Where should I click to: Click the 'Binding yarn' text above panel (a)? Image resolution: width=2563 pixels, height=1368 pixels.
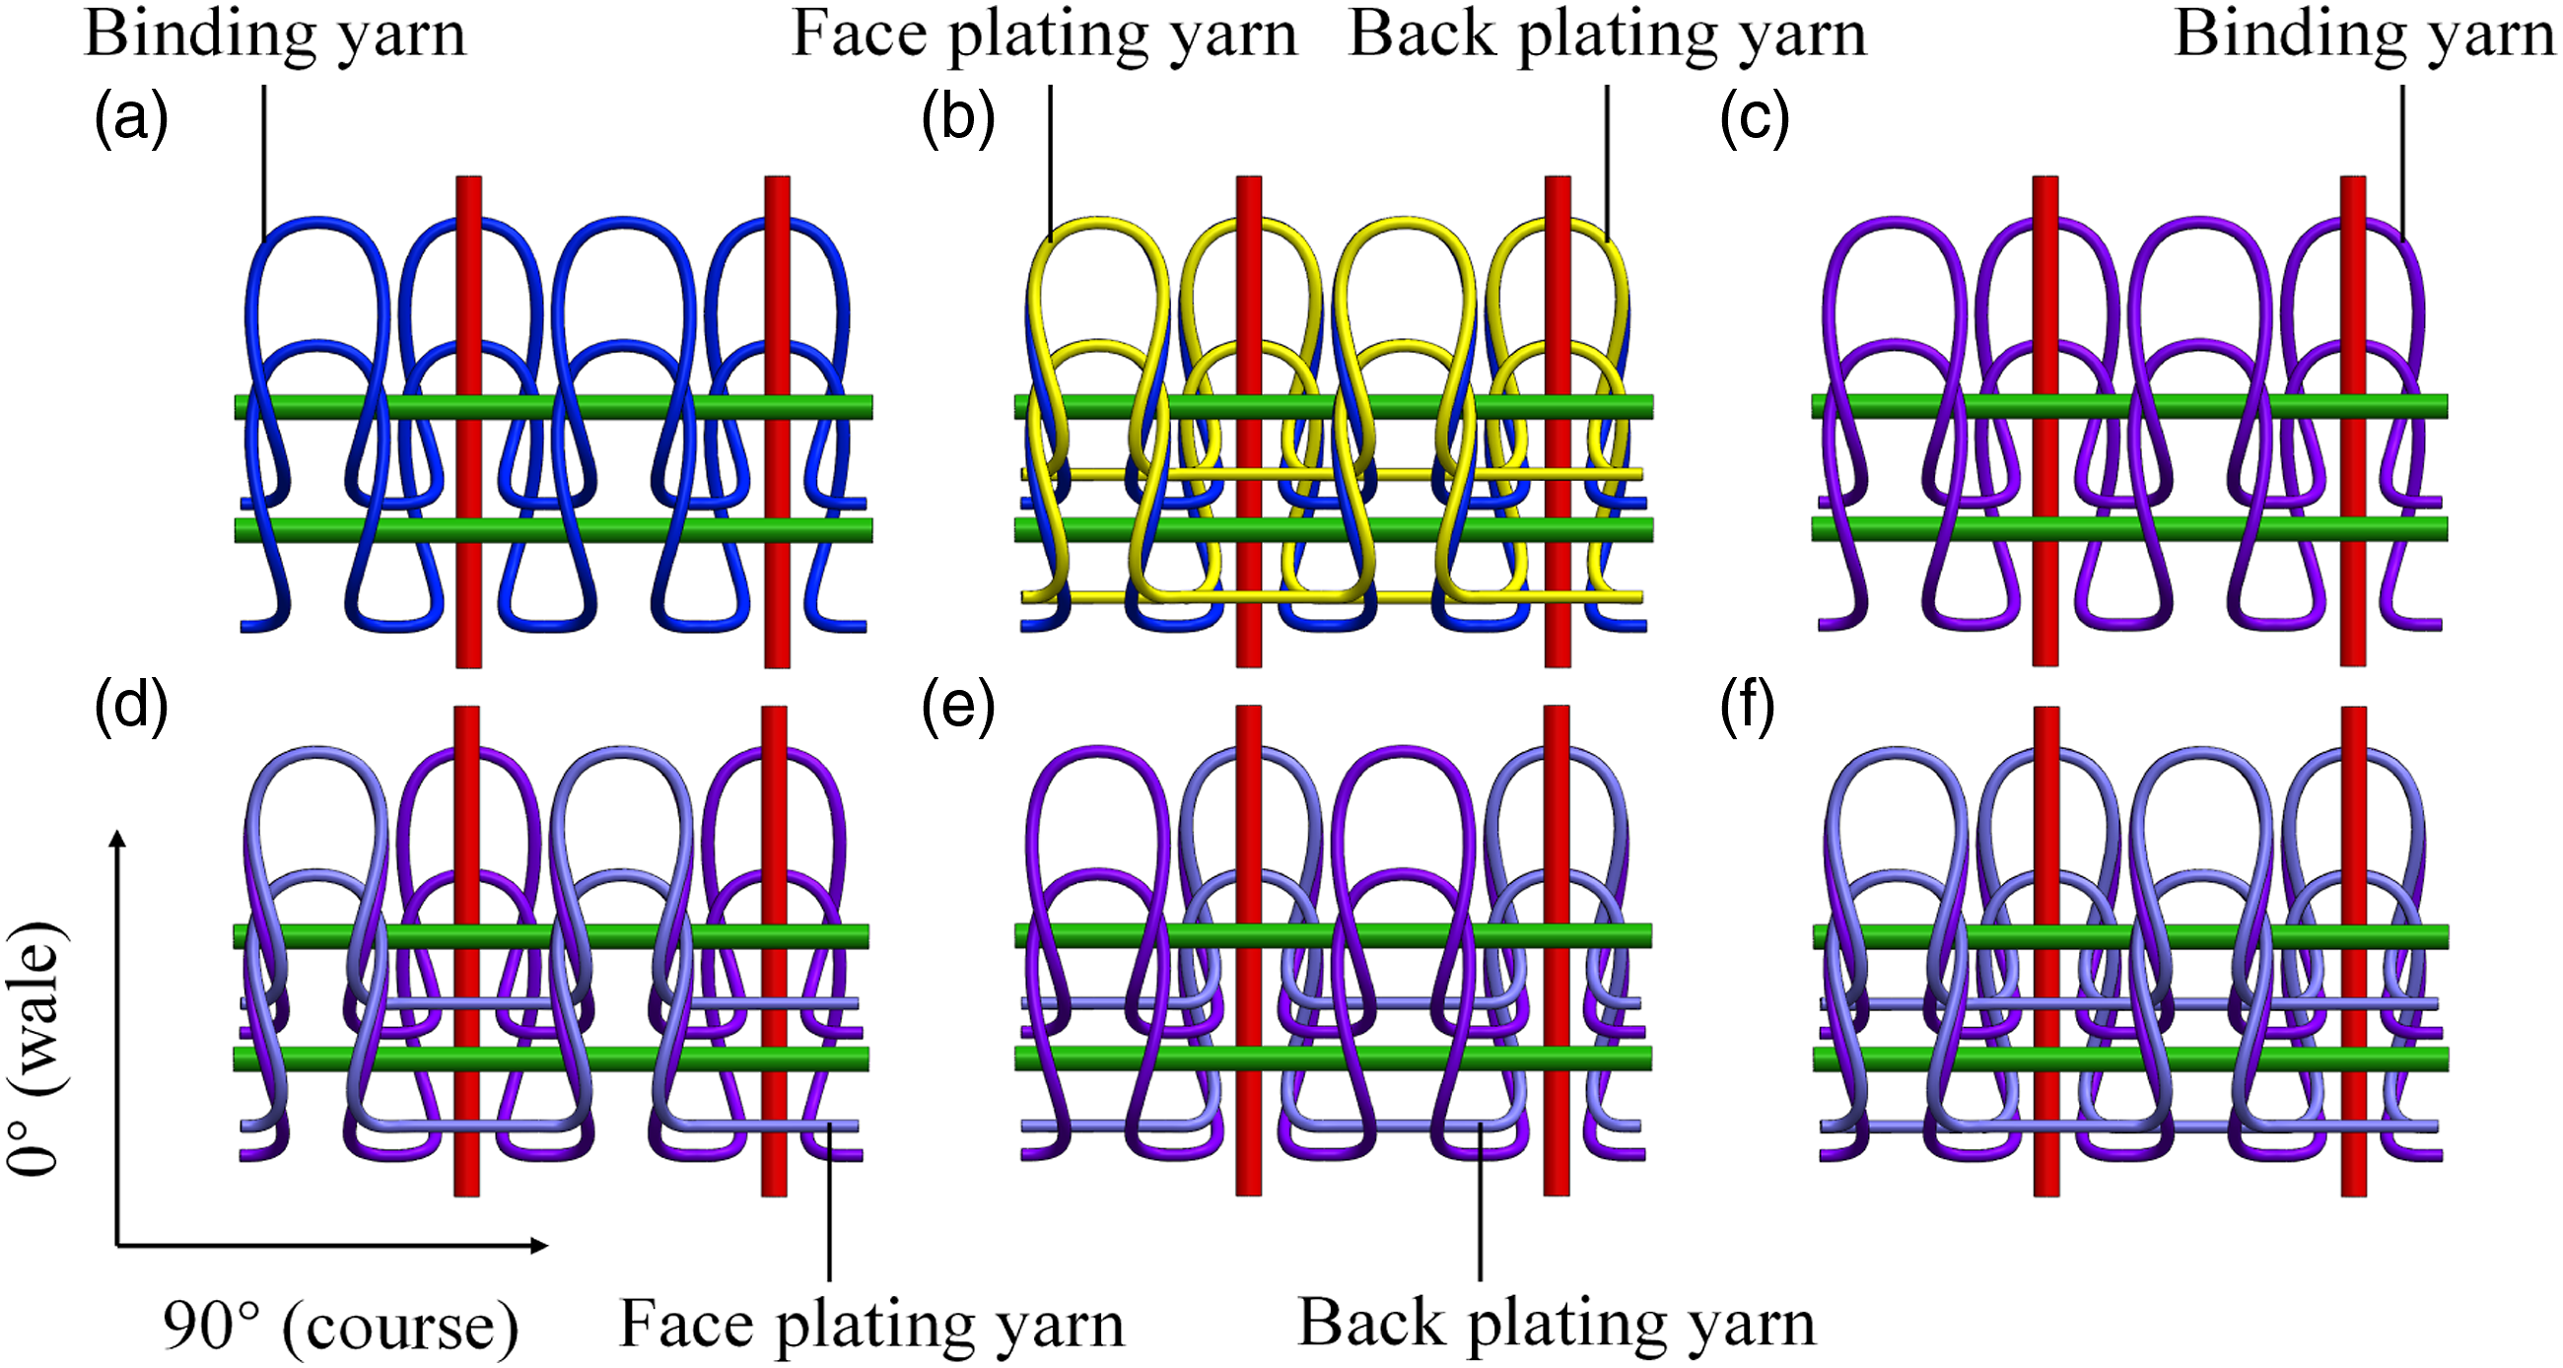276,37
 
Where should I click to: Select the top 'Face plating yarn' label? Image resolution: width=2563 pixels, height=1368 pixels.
1045,37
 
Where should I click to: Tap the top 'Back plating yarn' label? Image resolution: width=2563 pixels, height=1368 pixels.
1607,37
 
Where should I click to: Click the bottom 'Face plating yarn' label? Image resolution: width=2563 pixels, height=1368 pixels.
871,1326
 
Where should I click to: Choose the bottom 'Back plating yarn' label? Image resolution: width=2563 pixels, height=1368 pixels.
1558,1326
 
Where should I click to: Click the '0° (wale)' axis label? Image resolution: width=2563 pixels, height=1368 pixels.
35,1048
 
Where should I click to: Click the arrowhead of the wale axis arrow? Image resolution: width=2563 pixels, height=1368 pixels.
117,838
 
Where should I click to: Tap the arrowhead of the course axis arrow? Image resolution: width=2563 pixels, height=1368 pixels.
538,1245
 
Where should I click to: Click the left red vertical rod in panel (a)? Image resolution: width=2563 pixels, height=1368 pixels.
468,422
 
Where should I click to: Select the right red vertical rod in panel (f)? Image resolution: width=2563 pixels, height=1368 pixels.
2353,951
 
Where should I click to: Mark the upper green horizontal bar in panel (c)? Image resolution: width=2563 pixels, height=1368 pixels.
2129,406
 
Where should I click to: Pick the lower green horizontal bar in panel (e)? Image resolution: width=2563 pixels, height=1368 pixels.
1333,1058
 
